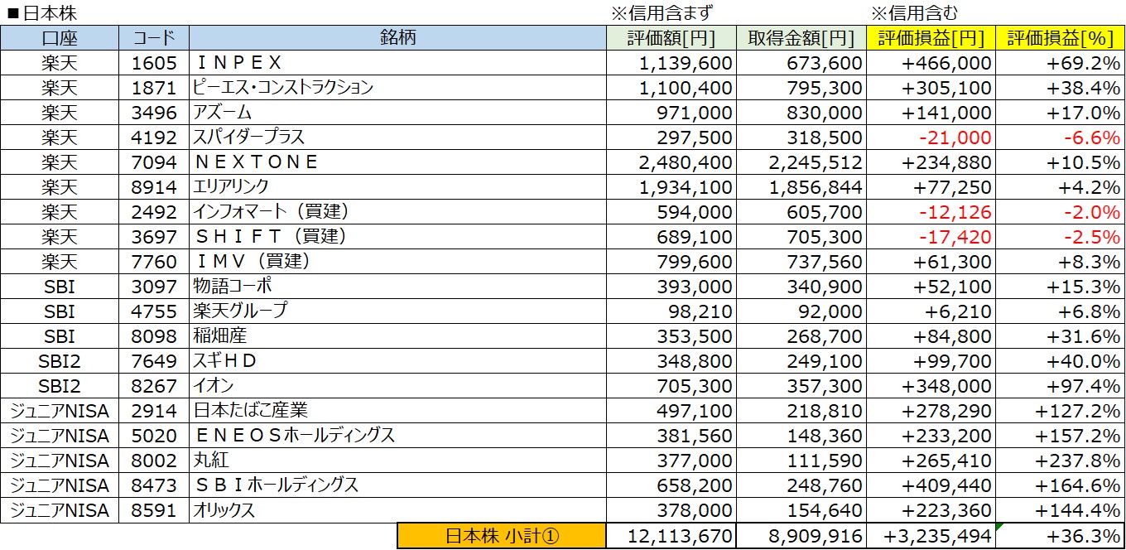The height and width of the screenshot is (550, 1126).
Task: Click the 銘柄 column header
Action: click(x=397, y=37)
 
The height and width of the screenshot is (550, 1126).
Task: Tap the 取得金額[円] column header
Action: click(x=800, y=37)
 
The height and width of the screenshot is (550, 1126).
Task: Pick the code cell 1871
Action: click(x=154, y=88)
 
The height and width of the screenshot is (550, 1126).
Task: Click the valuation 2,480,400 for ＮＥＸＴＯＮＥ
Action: click(x=686, y=162)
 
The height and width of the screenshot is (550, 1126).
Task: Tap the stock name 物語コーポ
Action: click(x=233, y=287)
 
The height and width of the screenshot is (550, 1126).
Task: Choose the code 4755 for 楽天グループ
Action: click(x=154, y=311)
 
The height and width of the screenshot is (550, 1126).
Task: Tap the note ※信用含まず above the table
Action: click(x=662, y=12)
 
